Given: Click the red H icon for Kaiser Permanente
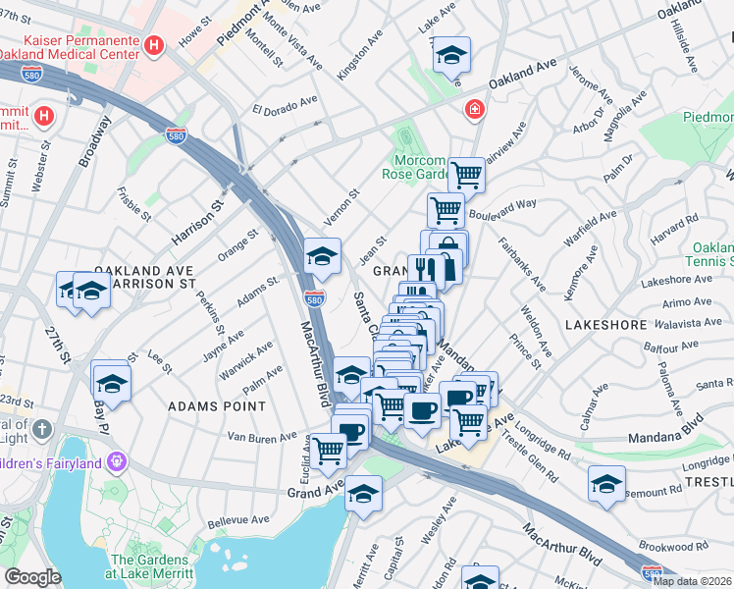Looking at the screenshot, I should coord(154,45).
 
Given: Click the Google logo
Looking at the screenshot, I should coord(32,577).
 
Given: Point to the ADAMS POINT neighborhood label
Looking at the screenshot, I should coord(217,405).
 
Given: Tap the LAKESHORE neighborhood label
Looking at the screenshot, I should coord(606,324).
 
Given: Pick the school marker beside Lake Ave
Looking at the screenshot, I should coord(451,56).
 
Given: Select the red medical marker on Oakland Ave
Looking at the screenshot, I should coord(474,109).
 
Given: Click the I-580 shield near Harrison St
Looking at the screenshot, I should coord(177,134).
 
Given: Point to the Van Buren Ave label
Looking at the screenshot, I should coord(261,437).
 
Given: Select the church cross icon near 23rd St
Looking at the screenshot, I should coord(41,429).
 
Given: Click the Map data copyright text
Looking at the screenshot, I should coord(692,581).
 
